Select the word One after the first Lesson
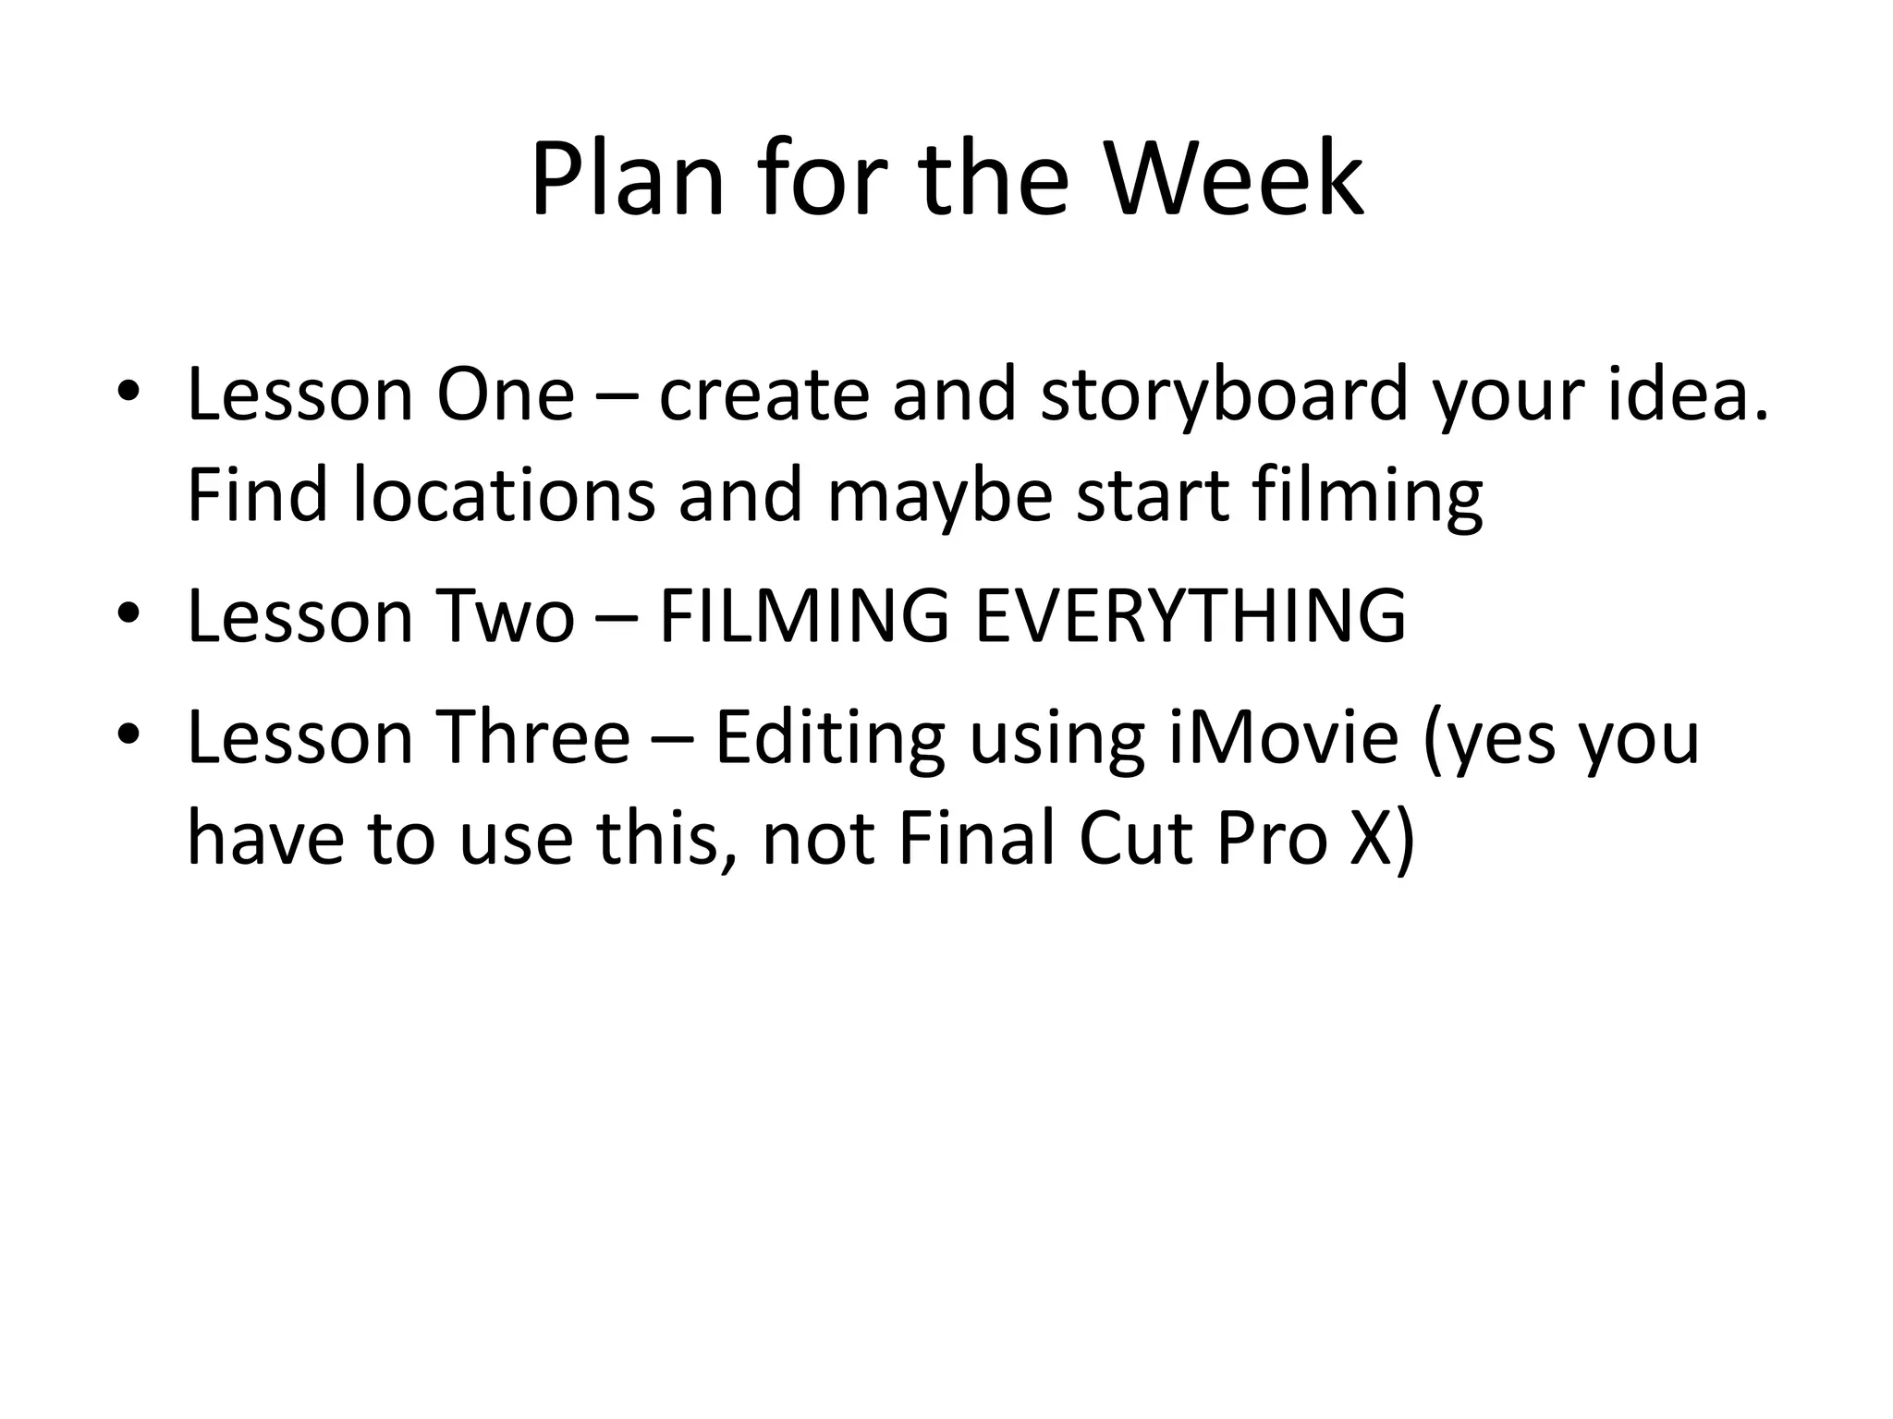pos(505,395)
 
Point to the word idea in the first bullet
pos(1687,395)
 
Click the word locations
pos(505,495)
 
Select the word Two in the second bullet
pos(505,616)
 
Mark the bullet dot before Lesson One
pos(128,391)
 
